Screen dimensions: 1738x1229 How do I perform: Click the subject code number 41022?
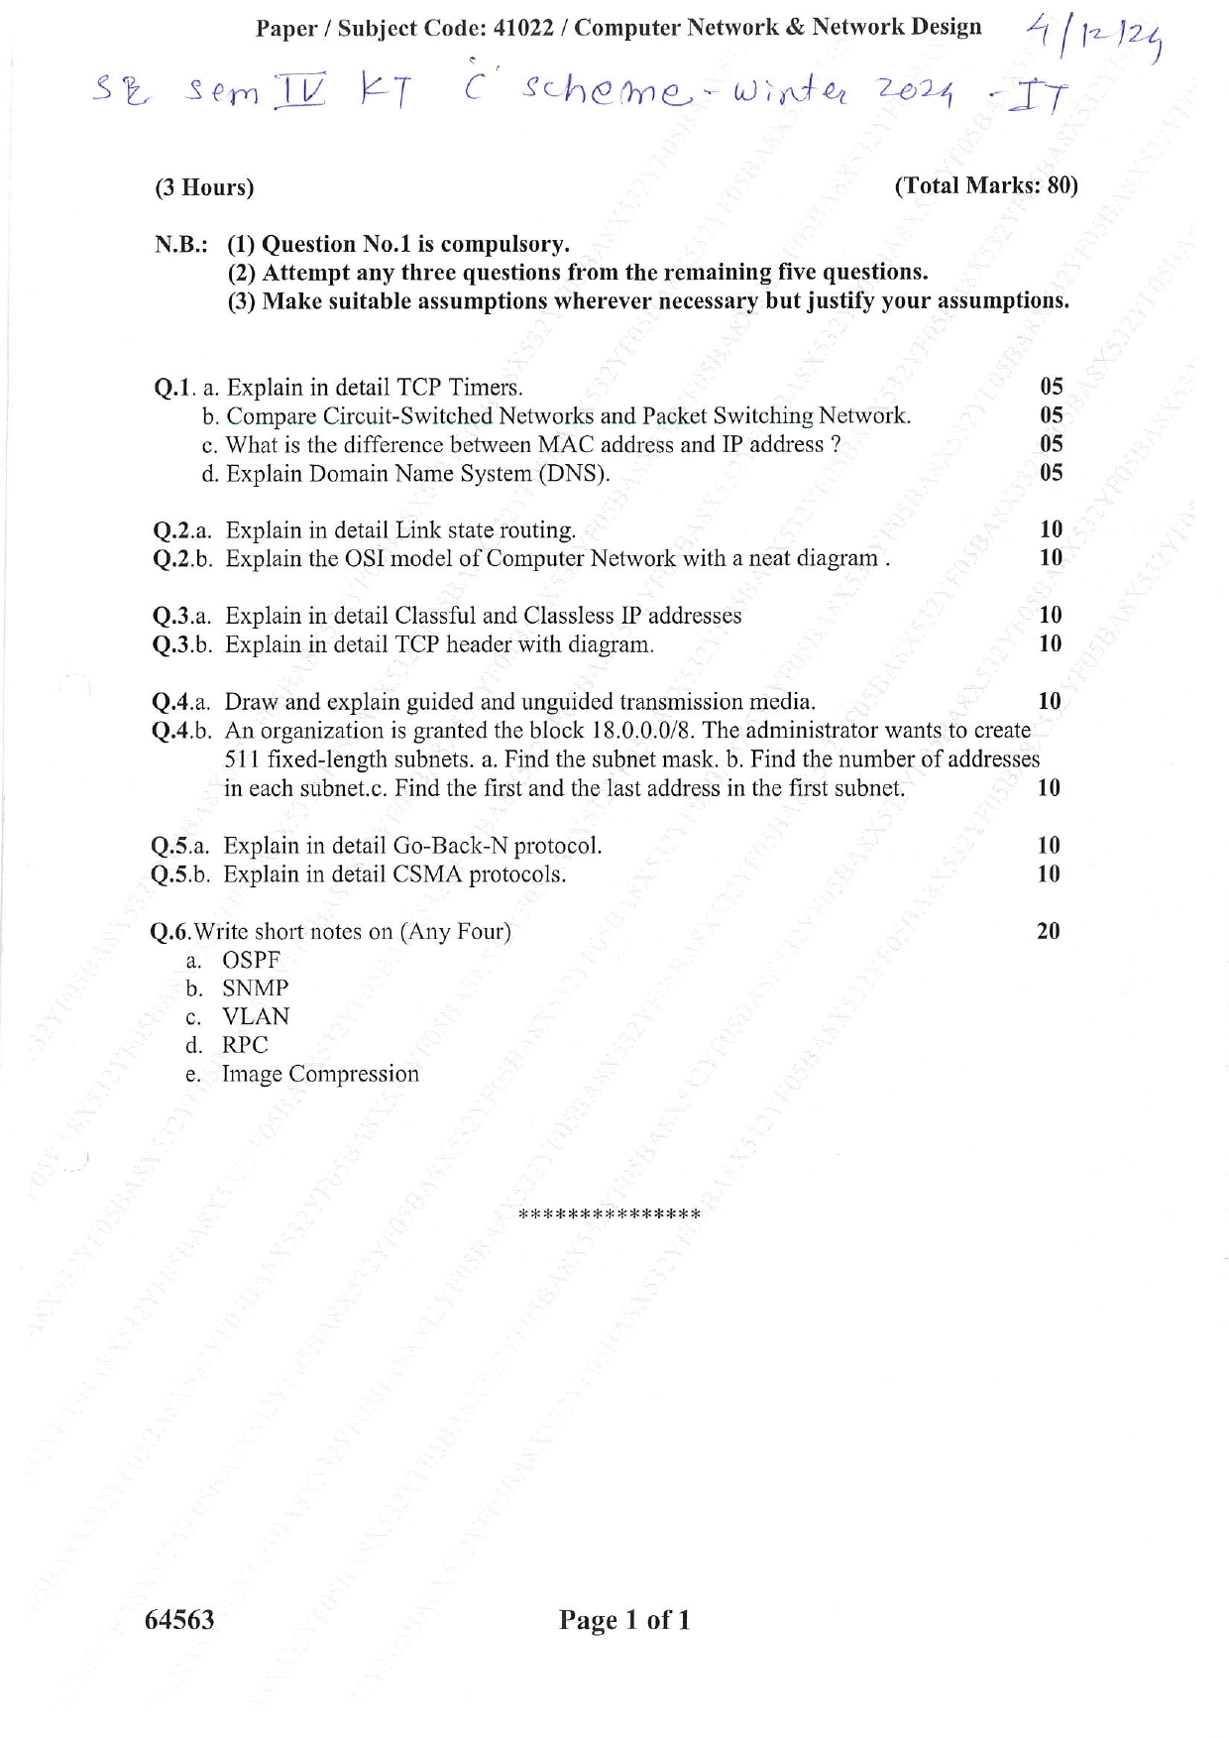pyautogui.click(x=522, y=28)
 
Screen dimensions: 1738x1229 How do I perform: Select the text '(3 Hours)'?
pyautogui.click(x=204, y=187)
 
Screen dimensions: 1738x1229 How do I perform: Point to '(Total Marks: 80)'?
pyautogui.click(x=985, y=185)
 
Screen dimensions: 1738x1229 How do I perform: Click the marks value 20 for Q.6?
pyautogui.click(x=1048, y=931)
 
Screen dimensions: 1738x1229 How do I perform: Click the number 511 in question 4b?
pyautogui.click(x=242, y=759)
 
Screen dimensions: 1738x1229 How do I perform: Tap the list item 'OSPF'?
pyautogui.click(x=252, y=960)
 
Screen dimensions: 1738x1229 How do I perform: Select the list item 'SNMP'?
pyautogui.click(x=256, y=988)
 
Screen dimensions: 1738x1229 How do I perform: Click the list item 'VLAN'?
pyautogui.click(x=256, y=1016)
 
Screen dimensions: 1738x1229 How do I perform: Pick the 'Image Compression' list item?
pyautogui.click(x=320, y=1074)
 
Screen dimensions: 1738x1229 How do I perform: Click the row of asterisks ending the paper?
pyautogui.click(x=610, y=1215)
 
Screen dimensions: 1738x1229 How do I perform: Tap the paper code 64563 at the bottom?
pyautogui.click(x=179, y=1620)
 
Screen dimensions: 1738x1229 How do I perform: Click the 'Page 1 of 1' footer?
pyautogui.click(x=624, y=1621)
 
